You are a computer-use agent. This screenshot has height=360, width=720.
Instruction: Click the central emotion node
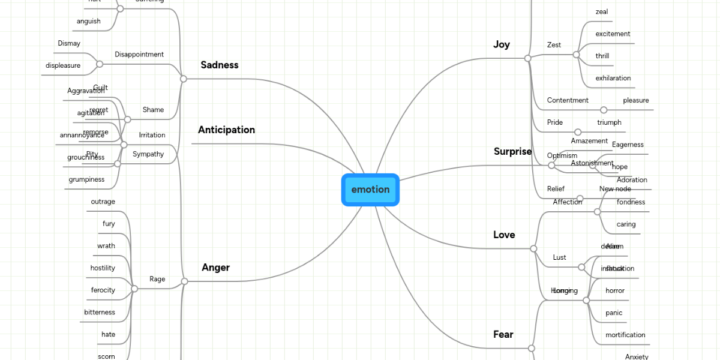(370, 190)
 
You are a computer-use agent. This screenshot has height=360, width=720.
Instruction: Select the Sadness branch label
(219, 65)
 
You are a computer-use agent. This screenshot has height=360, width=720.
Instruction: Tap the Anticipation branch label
(226, 130)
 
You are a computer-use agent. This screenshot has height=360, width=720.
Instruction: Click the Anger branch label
(215, 268)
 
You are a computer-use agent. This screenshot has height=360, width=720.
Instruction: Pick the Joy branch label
(502, 44)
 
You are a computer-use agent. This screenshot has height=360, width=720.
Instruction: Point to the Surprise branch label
(512, 151)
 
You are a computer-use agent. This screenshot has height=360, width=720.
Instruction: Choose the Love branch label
(504, 235)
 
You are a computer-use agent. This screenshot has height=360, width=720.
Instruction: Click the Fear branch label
(503, 334)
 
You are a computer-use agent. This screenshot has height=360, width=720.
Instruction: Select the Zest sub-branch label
(554, 45)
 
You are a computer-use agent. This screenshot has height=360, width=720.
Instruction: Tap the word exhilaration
(613, 78)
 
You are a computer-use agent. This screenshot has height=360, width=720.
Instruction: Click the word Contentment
(568, 100)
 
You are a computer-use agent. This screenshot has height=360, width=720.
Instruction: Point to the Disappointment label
(139, 55)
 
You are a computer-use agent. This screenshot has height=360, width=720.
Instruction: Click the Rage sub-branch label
(157, 279)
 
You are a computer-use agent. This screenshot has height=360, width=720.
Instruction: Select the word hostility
(103, 268)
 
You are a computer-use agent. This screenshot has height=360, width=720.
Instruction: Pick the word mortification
(625, 335)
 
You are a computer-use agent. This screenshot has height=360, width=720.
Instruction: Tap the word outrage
(103, 202)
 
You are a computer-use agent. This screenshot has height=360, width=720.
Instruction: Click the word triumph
(609, 122)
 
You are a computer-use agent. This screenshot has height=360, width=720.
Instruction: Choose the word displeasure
(63, 65)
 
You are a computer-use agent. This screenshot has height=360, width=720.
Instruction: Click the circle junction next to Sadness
(184, 79)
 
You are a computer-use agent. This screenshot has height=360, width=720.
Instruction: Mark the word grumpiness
(86, 179)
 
